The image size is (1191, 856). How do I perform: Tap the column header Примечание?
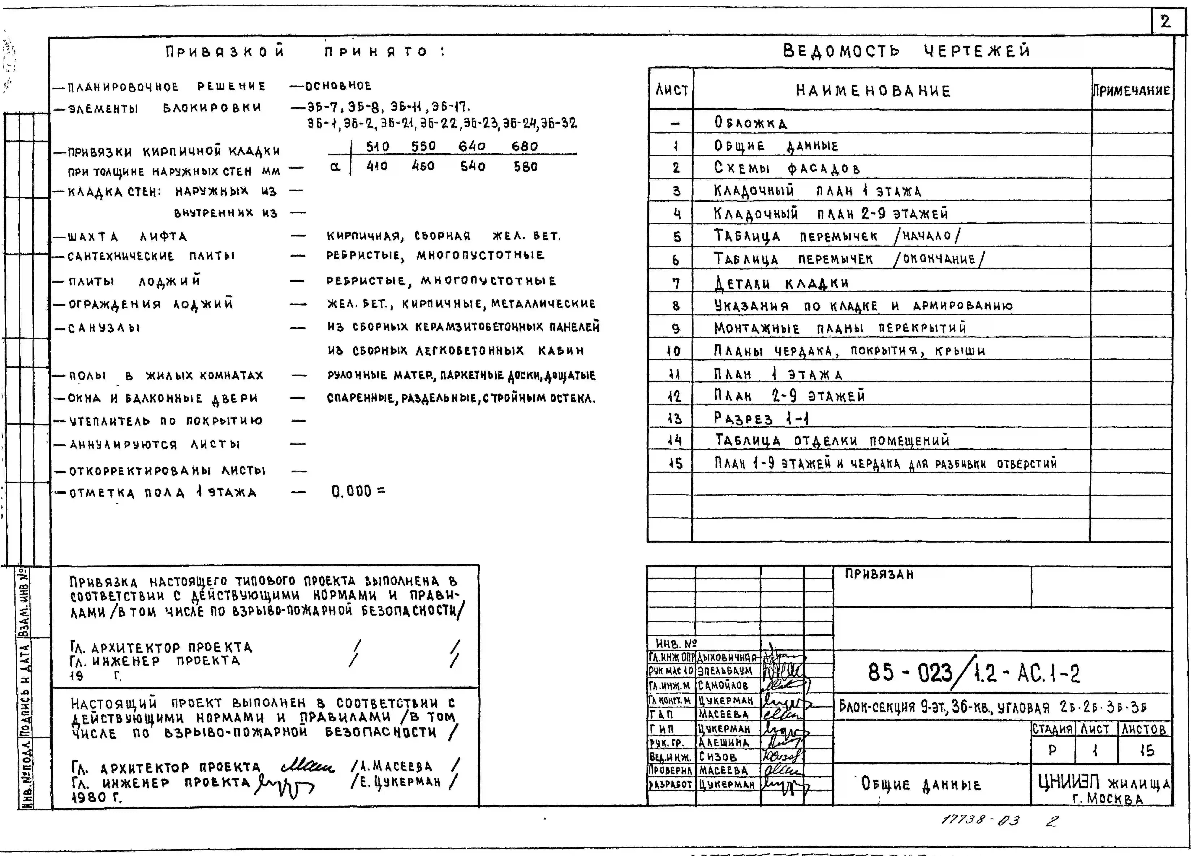(1131, 90)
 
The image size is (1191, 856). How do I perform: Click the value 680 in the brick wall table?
(525, 146)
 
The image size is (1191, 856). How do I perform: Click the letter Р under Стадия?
(1052, 750)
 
